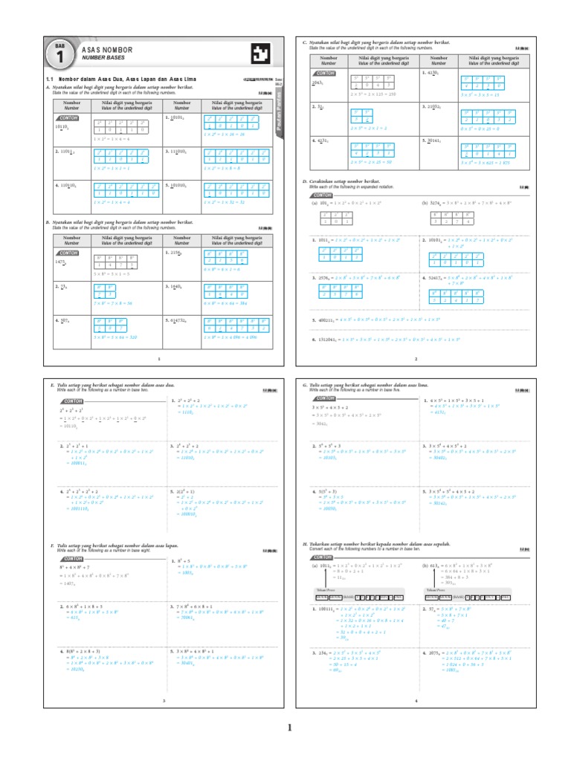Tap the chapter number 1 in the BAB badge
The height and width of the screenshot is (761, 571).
pyautogui.click(x=59, y=56)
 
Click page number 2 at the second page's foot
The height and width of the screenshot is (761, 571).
pyautogui.click(x=416, y=360)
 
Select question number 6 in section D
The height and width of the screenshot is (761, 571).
pyautogui.click(x=314, y=339)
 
